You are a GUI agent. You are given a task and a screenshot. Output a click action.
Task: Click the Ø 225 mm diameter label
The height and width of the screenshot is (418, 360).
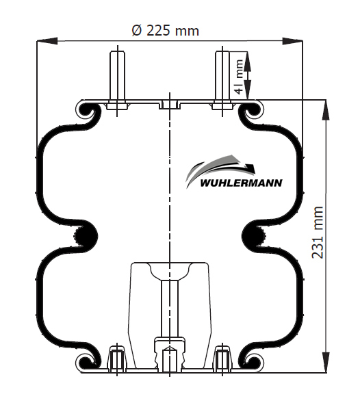pyautogui.click(x=166, y=31)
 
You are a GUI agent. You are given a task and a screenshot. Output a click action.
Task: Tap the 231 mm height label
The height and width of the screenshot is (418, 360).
pyautogui.click(x=318, y=232)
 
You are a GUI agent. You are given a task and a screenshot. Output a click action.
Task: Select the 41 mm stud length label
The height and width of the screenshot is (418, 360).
pyautogui.click(x=239, y=77)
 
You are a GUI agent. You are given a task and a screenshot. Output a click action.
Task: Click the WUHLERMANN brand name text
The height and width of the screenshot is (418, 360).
pyautogui.click(x=241, y=183)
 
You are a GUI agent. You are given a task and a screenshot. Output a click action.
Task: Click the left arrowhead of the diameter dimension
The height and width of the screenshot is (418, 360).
pyautogui.click(x=47, y=41)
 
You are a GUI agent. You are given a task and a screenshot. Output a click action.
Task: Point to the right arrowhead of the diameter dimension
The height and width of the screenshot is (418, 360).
pyautogui.click(x=292, y=41)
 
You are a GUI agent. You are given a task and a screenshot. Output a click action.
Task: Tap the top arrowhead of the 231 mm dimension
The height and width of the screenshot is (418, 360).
pyautogui.click(x=326, y=110)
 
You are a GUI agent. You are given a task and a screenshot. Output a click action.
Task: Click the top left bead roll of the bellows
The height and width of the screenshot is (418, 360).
pyautogui.click(x=86, y=110)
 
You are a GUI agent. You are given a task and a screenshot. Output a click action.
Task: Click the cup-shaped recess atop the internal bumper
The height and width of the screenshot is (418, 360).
pyautogui.click(x=170, y=271)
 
